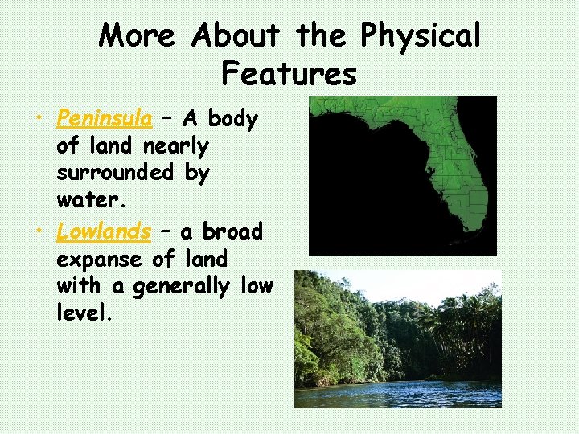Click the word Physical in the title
(421, 36)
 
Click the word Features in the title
(289, 74)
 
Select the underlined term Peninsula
(105, 119)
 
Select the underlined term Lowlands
(104, 232)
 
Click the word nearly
(175, 147)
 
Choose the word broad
(232, 232)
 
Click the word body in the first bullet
(232, 119)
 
